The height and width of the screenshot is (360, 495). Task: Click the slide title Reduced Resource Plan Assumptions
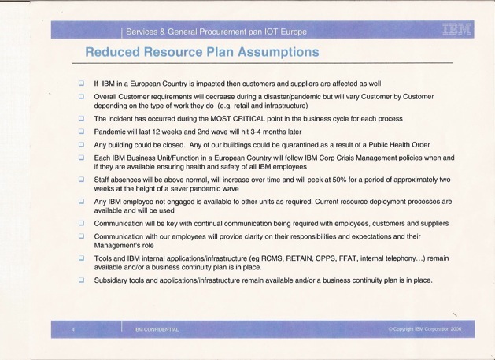tap(202, 53)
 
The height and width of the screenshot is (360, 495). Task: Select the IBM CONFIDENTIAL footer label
tap(157, 329)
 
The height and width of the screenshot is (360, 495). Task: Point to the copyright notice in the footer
tap(424, 329)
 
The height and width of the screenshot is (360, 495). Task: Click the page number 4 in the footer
tap(72, 329)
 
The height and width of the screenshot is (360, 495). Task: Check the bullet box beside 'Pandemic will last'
tap(80, 132)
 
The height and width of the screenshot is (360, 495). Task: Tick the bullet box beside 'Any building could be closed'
tap(80, 145)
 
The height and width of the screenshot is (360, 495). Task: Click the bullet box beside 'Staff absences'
tap(80, 180)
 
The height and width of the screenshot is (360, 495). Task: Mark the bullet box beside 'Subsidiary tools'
tap(80, 280)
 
